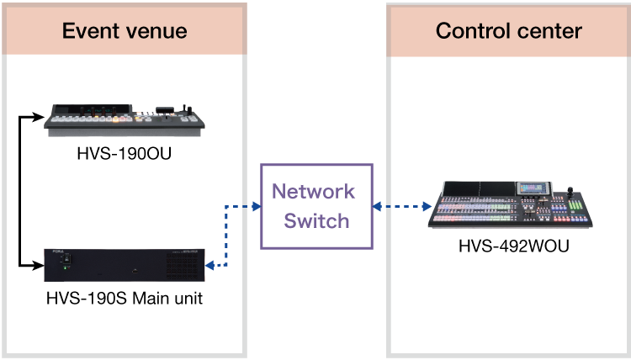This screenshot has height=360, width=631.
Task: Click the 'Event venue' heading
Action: [125, 32]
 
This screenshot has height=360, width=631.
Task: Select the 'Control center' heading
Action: [509, 32]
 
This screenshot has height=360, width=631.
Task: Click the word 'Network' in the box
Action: [313, 191]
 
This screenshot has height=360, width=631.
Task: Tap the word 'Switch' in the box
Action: [316, 220]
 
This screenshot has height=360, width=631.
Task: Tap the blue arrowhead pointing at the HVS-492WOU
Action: [428, 206]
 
